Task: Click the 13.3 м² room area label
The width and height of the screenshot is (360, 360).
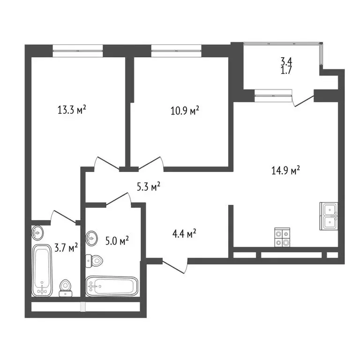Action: (x=71, y=111)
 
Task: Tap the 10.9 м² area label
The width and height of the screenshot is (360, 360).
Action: (x=184, y=111)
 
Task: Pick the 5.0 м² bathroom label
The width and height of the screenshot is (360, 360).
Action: (x=117, y=241)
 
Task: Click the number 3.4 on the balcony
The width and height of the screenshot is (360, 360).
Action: (x=286, y=61)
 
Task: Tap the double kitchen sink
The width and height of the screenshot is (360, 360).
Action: (x=330, y=216)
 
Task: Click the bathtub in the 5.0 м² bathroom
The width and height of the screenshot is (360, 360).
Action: (x=112, y=285)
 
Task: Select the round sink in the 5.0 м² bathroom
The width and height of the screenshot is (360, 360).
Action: (x=91, y=238)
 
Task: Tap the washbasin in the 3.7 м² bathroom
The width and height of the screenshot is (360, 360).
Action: (x=37, y=232)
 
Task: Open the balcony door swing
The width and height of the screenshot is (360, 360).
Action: (x=303, y=100)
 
